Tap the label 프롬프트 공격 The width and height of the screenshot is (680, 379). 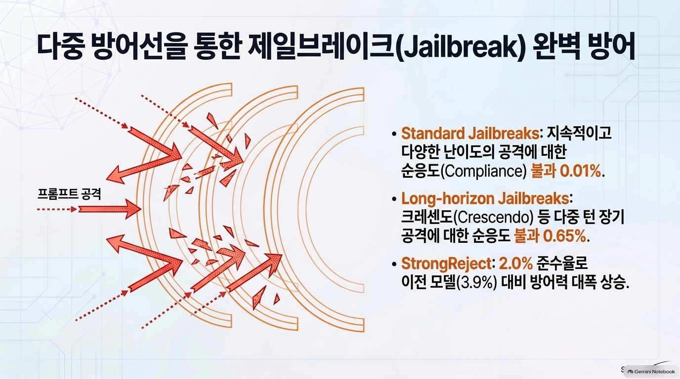(69, 194)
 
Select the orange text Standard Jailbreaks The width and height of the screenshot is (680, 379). (470, 133)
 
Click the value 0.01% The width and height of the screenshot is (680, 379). (580, 171)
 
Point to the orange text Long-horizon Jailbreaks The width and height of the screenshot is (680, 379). (485, 198)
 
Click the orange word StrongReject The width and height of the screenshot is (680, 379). (446, 264)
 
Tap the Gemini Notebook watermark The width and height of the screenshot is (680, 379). (651, 372)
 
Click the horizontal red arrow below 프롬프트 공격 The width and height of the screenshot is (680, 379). (109, 209)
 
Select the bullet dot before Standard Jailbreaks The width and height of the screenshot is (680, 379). (394, 134)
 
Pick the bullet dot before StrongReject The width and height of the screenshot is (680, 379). (394, 264)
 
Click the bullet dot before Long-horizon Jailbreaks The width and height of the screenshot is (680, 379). (394, 199)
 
